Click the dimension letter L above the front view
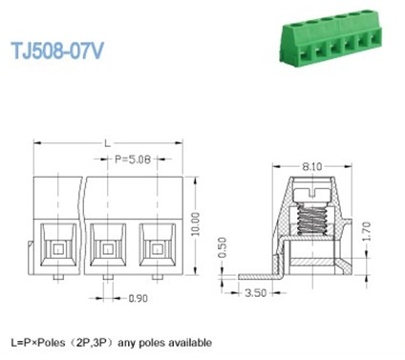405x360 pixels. [106, 142]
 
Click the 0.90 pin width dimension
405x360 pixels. [138, 298]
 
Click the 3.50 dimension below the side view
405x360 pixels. [255, 293]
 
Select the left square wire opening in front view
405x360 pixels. [59, 248]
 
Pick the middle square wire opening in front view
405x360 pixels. [109, 248]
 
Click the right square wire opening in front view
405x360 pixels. [158, 248]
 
